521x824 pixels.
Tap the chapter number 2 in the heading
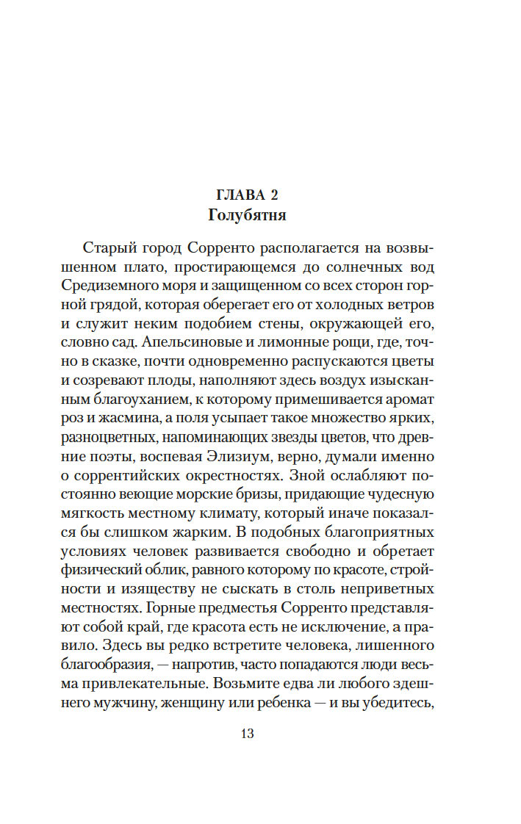coord(277,195)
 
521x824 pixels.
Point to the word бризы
coord(270,494)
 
